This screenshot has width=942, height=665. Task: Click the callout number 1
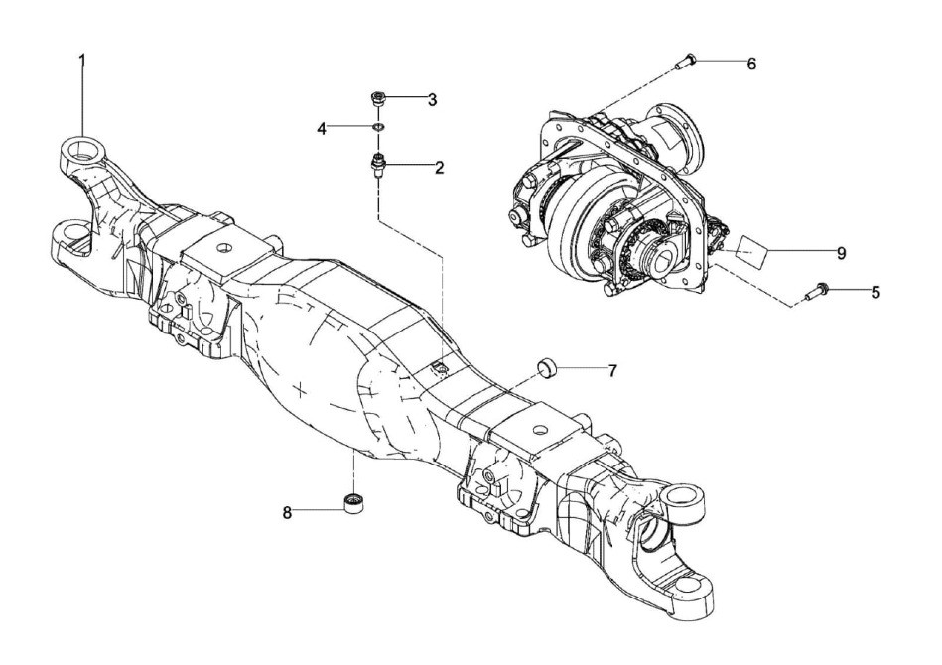pyautogui.click(x=82, y=60)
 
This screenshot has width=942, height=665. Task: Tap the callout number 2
pyautogui.click(x=438, y=167)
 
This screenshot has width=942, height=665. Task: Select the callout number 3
pyautogui.click(x=432, y=99)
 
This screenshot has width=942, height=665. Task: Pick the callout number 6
pyautogui.click(x=751, y=64)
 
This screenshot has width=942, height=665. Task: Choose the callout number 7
pyautogui.click(x=612, y=370)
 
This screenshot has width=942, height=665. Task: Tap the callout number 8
pyautogui.click(x=288, y=512)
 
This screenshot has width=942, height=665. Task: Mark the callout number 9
pyautogui.click(x=840, y=254)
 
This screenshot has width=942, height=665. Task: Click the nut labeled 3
pyautogui.click(x=377, y=98)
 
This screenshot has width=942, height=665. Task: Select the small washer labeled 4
pyautogui.click(x=378, y=127)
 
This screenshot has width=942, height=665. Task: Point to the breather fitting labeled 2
pyautogui.click(x=377, y=164)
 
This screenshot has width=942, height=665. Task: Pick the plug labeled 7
pyautogui.click(x=545, y=370)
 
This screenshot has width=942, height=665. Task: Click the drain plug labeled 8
pyautogui.click(x=351, y=503)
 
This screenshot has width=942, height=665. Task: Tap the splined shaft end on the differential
pyautogui.click(x=659, y=259)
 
